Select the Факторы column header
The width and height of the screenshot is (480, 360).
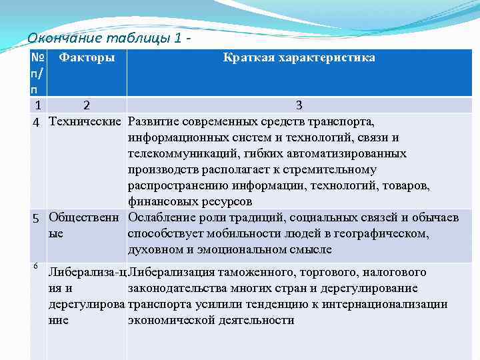coord(87,58)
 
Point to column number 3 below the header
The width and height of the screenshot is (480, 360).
coord(299,105)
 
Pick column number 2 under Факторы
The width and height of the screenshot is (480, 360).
coord(86,105)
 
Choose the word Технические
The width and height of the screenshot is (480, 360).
coord(86,122)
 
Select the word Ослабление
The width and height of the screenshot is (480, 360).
coord(161,218)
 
